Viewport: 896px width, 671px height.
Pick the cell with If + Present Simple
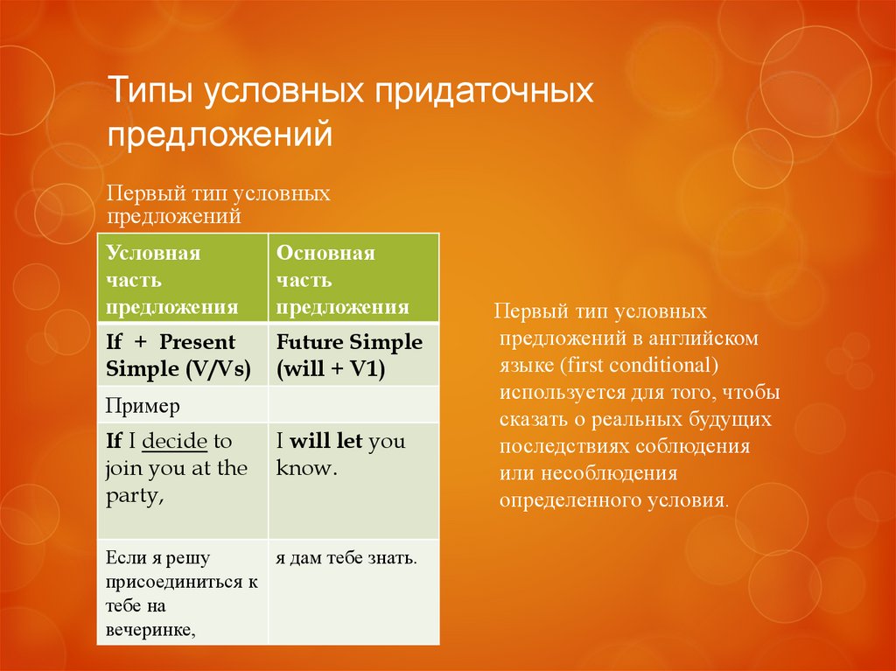click(181, 355)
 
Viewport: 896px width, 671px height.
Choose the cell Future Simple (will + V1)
click(353, 355)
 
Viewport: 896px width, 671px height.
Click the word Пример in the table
click(143, 405)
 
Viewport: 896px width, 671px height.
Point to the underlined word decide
click(172, 441)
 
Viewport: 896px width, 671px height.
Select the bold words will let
click(325, 441)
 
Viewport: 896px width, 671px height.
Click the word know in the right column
click(304, 468)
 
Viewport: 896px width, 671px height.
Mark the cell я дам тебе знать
click(345, 557)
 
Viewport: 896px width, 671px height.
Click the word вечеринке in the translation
click(150, 628)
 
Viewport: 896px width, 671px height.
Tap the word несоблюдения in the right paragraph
click(619, 473)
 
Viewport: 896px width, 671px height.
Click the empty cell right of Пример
click(353, 405)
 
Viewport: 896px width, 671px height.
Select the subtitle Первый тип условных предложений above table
click(218, 204)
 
